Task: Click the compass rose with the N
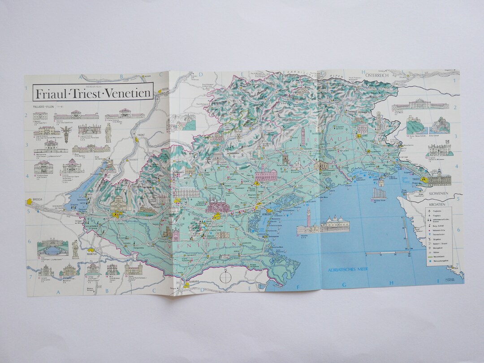(226, 276)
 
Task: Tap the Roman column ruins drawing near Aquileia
(378, 193)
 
